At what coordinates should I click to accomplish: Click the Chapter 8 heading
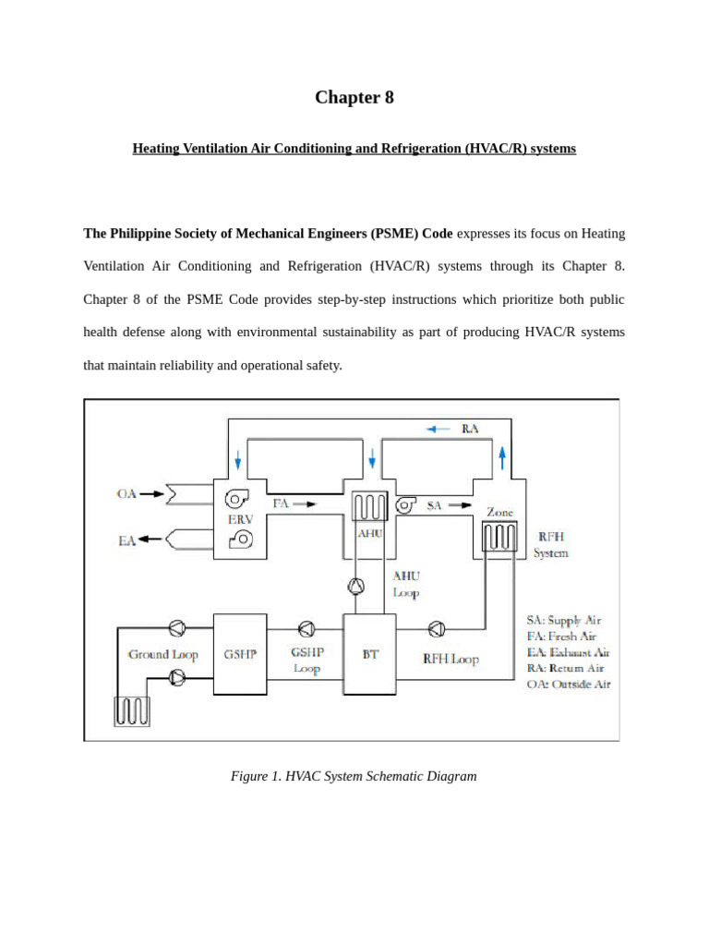point(354,98)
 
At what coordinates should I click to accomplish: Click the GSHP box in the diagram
point(239,654)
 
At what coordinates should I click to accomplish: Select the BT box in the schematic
point(368,654)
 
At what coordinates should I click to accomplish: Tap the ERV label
point(240,520)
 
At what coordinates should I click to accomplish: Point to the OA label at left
point(126,494)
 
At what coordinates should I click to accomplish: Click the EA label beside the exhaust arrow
point(126,540)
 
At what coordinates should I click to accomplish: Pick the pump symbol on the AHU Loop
point(355,585)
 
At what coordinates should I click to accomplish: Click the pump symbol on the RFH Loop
point(437,629)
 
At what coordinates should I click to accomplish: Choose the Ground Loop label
point(162,655)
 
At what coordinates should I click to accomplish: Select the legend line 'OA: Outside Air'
point(562,685)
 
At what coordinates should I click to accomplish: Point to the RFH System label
point(551,545)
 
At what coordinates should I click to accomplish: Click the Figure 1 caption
point(354,776)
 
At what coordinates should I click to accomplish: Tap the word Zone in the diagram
point(499,512)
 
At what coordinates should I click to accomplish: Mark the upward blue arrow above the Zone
point(502,456)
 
